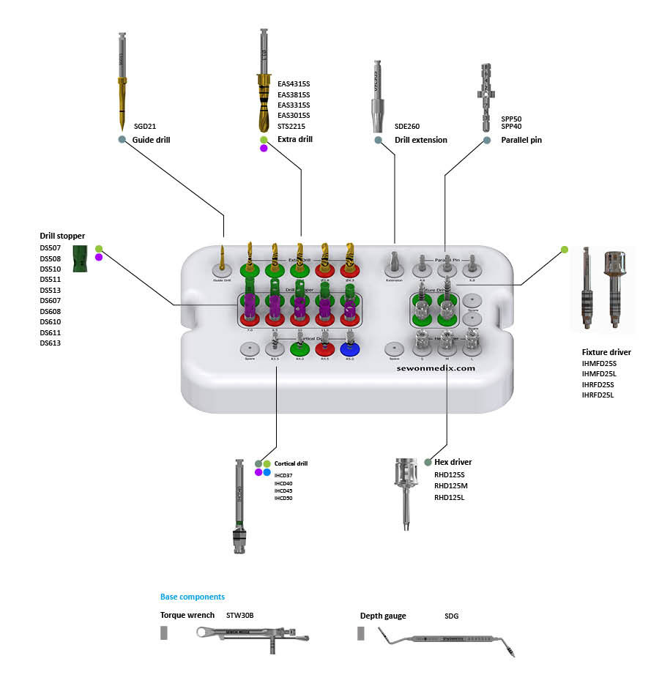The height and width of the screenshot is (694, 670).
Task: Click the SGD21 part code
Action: [145, 126]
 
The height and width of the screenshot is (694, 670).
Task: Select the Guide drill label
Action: [151, 139]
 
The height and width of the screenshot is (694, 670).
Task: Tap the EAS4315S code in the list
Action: [294, 84]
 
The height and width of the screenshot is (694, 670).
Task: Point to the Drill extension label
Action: [420, 140]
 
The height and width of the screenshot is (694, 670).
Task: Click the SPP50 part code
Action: [511, 118]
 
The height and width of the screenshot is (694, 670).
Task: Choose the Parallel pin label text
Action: [521, 140]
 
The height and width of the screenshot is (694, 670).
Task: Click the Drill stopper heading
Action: [62, 236]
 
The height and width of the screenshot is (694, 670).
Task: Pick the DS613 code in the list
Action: [51, 343]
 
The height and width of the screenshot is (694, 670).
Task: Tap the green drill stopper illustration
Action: [81, 258]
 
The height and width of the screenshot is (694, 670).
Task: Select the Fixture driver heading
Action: [606, 352]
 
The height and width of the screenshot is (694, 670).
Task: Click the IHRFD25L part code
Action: [598, 395]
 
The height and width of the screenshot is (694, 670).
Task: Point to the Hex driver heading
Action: [453, 462]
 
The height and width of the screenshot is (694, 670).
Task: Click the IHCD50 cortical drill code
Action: [283, 498]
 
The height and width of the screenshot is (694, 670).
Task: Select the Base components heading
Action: [193, 597]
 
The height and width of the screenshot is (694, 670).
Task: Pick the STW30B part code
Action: [239, 616]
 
